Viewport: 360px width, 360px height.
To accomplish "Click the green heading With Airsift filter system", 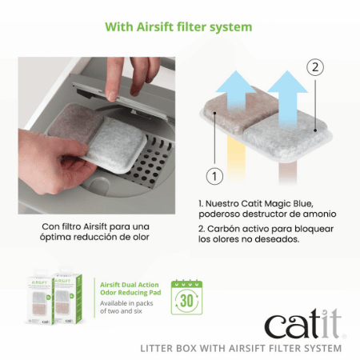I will coord(179,27).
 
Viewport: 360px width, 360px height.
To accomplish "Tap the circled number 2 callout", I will coord(317,67).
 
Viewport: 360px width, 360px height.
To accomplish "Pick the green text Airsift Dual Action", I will coord(130,285).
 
